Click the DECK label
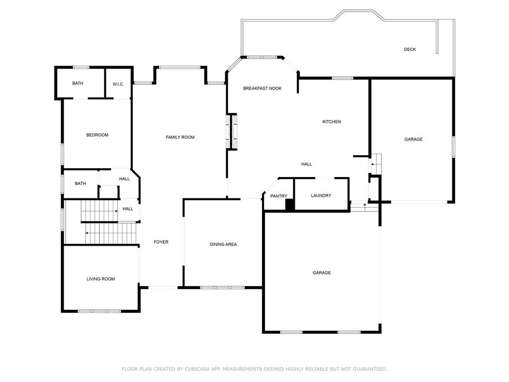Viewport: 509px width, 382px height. coord(410,49)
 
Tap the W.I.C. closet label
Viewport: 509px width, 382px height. coord(118,84)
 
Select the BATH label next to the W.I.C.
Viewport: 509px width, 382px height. coord(78,83)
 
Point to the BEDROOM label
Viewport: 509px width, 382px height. coord(97,135)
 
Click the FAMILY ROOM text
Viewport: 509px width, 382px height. coord(180,137)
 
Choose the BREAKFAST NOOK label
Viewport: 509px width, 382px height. coord(262,88)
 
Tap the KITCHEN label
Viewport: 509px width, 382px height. coord(332,121)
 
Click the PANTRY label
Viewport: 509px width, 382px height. coord(278,196)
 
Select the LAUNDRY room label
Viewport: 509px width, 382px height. coord(321,195)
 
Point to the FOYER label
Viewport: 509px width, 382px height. coord(161,242)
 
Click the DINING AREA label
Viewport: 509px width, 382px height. coord(223,244)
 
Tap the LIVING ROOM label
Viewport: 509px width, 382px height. coord(100,279)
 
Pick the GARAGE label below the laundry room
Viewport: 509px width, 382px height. coord(322,273)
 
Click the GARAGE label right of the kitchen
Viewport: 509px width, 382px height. coord(413,139)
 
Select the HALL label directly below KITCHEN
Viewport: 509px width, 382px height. coord(306,164)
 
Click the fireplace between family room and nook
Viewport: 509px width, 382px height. coord(232,131)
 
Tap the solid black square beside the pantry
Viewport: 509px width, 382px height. coord(290,204)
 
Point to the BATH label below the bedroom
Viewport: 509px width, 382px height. coord(80,184)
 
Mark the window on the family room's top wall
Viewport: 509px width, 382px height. coord(179,67)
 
